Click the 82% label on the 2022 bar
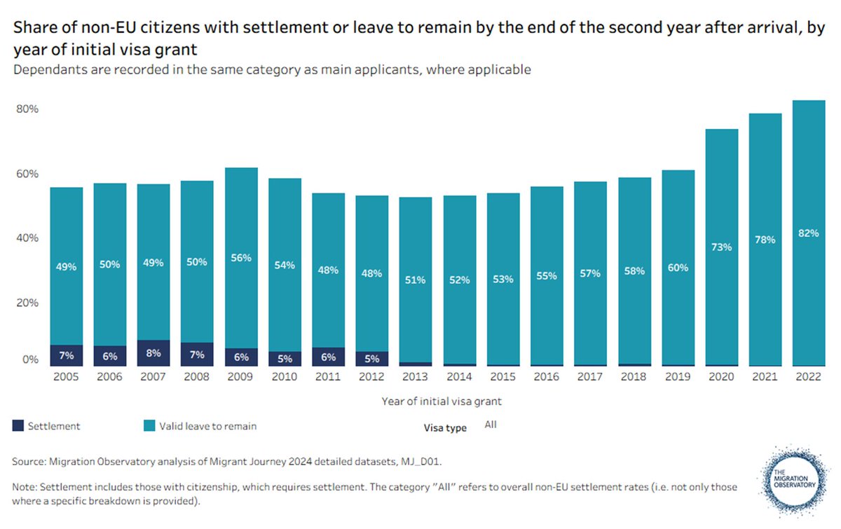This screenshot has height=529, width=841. (808, 233)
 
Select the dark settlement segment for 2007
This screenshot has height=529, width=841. (153, 353)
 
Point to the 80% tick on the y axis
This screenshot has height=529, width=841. (26, 110)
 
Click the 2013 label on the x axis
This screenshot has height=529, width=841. (415, 377)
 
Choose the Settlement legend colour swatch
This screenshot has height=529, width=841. (18, 425)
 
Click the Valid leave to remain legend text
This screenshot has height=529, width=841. (207, 425)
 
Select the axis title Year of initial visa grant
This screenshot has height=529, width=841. (442, 401)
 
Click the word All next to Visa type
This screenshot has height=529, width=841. (490, 425)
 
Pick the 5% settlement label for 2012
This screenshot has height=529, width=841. (371, 359)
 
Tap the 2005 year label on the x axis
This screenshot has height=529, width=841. (66, 377)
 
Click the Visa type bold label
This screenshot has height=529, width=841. (445, 427)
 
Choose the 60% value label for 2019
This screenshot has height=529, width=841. (677, 268)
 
